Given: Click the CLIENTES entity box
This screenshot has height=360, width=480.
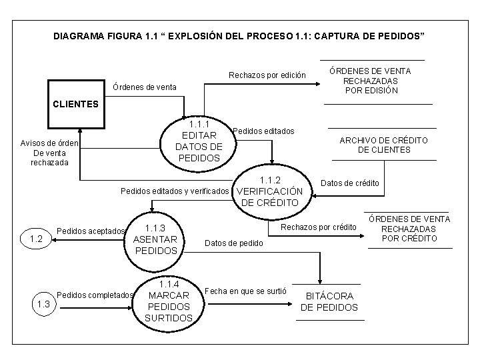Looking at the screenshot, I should click(77, 104).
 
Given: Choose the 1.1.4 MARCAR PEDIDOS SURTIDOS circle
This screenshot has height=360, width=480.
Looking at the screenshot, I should click(168, 301).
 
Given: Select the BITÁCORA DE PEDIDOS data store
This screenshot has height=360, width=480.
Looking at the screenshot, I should click(329, 301).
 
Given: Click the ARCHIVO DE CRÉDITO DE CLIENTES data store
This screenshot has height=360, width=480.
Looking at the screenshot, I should click(383, 145).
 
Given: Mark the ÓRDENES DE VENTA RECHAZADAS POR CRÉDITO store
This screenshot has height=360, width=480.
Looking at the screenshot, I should click(410, 228).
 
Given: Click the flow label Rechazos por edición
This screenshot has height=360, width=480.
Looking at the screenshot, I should click(267, 75).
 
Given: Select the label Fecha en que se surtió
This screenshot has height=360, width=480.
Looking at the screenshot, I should click(245, 291).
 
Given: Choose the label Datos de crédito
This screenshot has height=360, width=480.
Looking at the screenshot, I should click(350, 183).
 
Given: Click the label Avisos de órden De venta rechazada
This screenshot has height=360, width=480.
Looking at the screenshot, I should click(49, 153).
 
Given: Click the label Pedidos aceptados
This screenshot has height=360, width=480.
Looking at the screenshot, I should click(91, 231).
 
